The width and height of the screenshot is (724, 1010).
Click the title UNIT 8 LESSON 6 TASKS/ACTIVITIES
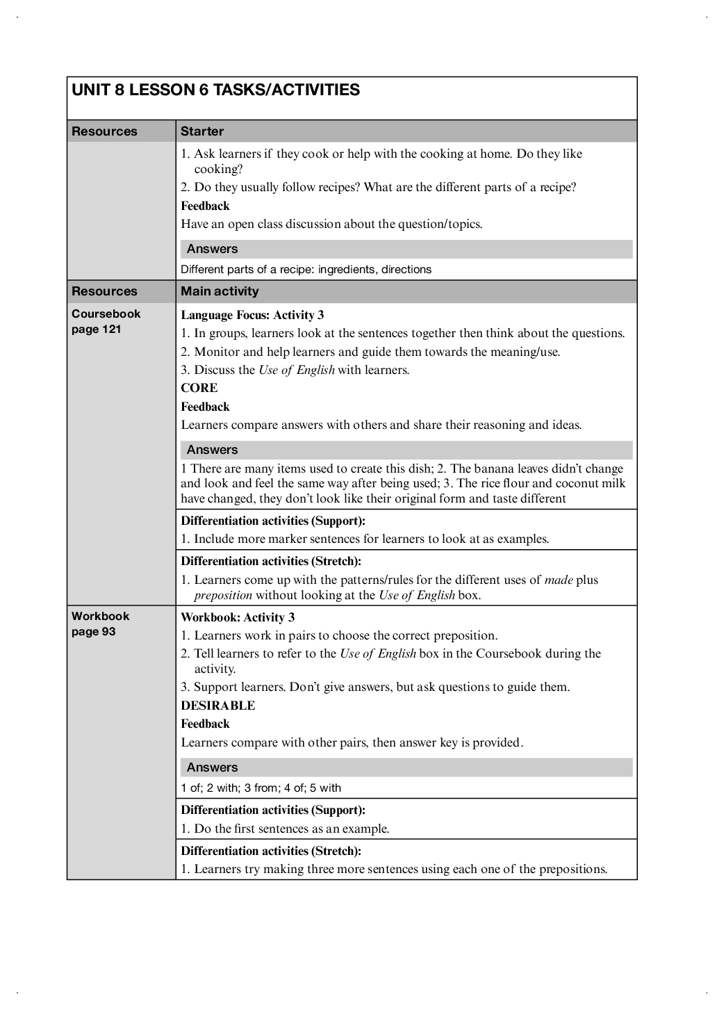coord(215,90)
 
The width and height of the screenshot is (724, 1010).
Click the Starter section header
coord(202,131)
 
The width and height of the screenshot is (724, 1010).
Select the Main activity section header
coord(220,291)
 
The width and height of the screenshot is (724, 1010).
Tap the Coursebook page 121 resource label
coord(106,321)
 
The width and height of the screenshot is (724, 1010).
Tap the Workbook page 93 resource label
coord(100,624)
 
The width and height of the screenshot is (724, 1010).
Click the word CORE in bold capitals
coord(199,388)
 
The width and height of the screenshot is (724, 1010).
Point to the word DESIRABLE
coord(218,706)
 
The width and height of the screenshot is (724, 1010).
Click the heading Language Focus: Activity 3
coord(252,315)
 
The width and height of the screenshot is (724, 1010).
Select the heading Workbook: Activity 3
coord(238,617)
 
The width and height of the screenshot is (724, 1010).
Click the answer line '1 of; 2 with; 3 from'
coord(261,788)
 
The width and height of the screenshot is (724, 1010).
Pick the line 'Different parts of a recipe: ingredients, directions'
coord(306,269)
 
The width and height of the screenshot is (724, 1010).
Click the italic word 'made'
coord(559,580)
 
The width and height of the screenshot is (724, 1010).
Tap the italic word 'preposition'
coord(223,595)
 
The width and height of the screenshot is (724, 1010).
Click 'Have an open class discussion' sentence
coord(331,224)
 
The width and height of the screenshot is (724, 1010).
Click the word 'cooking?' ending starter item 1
coord(218,169)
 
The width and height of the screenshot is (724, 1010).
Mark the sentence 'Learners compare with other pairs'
coord(352,742)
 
